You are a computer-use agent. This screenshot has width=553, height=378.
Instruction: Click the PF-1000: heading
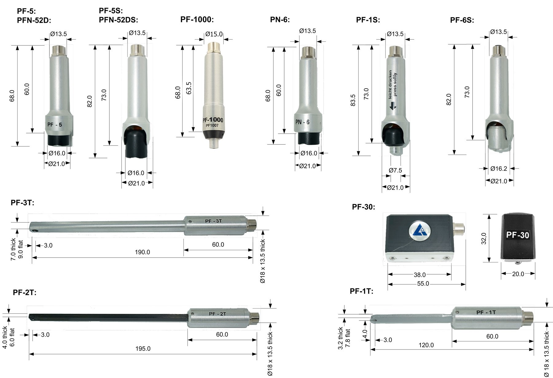[x=197, y=19]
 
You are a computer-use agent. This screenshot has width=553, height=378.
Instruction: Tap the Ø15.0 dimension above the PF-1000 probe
[x=214, y=34]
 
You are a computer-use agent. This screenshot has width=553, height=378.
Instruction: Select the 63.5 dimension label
[x=189, y=88]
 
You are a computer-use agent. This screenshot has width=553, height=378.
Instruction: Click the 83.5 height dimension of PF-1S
[x=353, y=100]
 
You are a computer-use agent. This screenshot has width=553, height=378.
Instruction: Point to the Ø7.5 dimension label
[x=395, y=170]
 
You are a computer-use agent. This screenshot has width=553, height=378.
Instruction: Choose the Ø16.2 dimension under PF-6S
[x=499, y=168]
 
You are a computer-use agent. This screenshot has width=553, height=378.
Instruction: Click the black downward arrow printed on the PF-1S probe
[x=393, y=106]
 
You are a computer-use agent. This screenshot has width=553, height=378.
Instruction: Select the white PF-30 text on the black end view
[x=518, y=235]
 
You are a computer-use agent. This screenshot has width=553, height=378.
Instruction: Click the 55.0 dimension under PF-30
[x=423, y=284]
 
